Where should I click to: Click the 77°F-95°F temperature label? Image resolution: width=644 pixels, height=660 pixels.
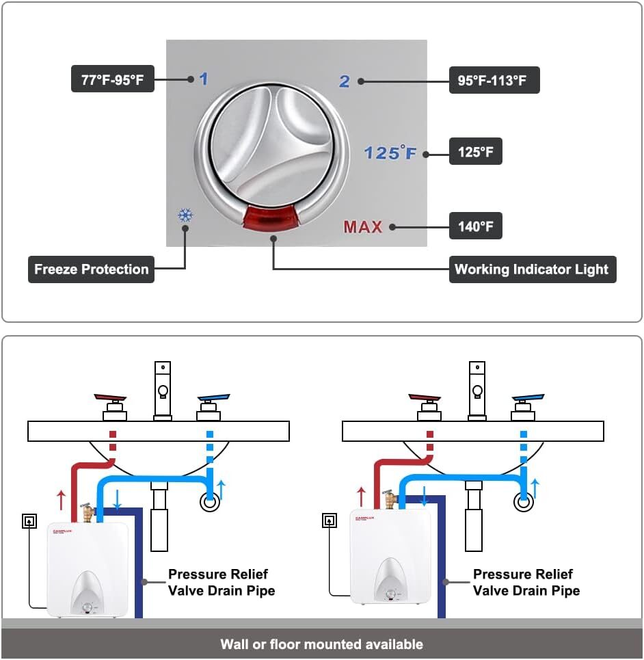coord(113,79)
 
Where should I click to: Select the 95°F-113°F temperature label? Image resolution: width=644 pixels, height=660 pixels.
coord(494,81)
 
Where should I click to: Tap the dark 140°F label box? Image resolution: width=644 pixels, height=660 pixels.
coord(475,226)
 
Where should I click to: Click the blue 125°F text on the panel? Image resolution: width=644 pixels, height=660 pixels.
coord(390,153)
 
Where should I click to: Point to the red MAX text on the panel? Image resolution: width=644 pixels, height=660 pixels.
coord(363,227)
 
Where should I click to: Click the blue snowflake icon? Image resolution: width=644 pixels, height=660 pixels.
coord(185,215)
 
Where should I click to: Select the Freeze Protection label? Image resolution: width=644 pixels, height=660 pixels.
coord(91,269)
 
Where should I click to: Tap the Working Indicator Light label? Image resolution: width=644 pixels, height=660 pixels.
coord(531,269)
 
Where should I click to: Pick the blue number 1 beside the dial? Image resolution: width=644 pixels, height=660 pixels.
coord(203,79)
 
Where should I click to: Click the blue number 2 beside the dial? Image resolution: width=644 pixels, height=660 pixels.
coord(345,81)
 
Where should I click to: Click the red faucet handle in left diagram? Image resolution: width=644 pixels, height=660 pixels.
coord(113,399)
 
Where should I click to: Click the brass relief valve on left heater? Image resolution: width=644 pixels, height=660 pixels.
coord(87,512)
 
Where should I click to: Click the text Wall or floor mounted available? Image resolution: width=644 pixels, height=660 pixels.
coord(321,644)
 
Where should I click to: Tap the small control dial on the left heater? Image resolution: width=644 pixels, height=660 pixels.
coord(88,607)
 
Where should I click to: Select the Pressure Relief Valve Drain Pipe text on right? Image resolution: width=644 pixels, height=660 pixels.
coord(526,582)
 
